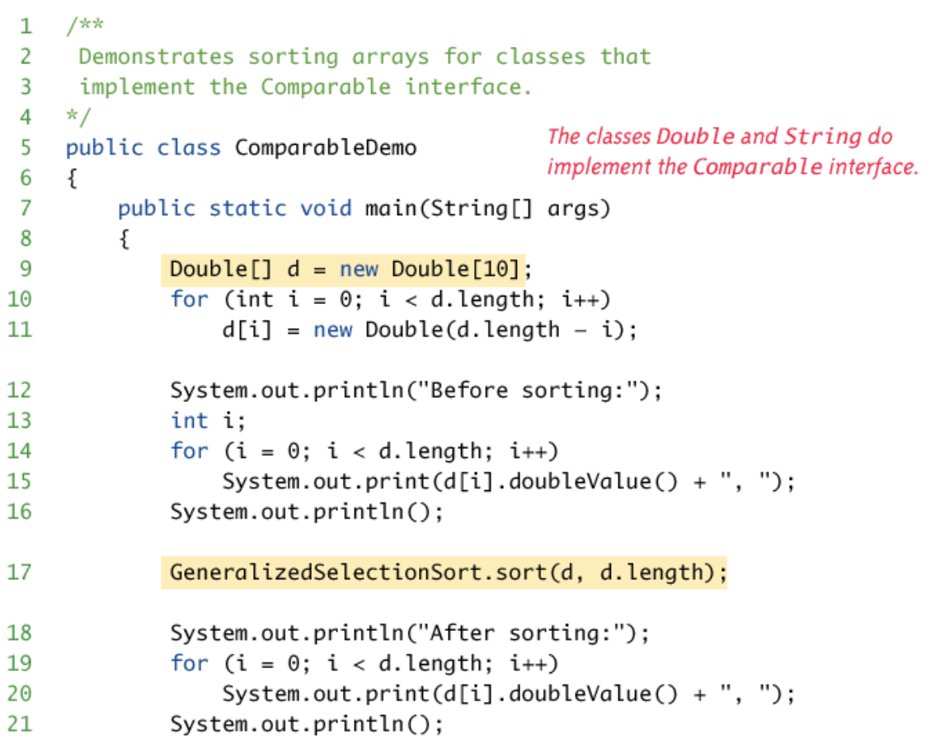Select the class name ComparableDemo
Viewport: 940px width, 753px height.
(x=326, y=148)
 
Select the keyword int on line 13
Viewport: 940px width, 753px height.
(x=189, y=420)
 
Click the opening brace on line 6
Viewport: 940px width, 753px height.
(x=72, y=179)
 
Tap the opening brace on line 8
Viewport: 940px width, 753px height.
(x=125, y=239)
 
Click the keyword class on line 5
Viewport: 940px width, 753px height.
(x=189, y=148)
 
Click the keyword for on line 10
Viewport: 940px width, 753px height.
(x=189, y=299)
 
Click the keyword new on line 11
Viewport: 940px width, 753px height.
(x=332, y=330)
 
